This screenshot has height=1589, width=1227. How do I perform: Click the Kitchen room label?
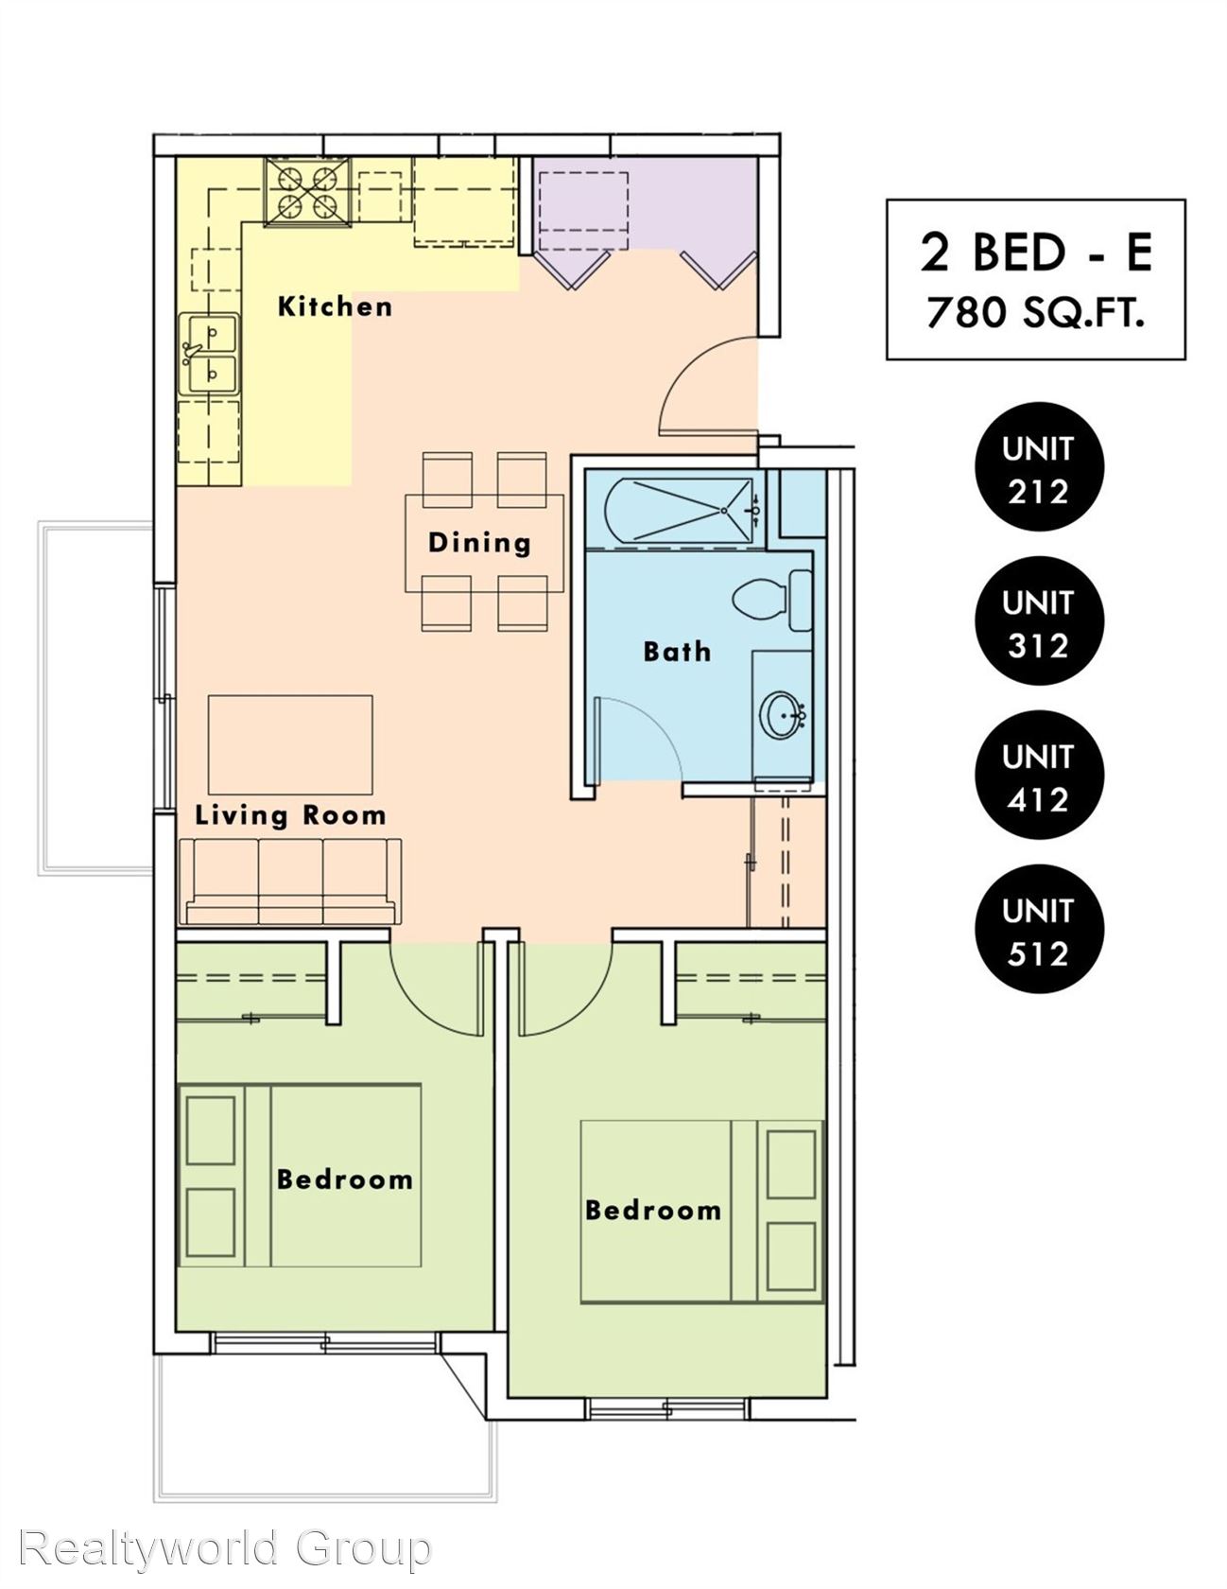[x=335, y=306]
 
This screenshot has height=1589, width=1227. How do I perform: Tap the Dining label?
[x=480, y=542]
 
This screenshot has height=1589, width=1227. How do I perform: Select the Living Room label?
[x=291, y=815]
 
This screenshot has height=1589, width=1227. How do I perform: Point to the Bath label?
[x=677, y=651]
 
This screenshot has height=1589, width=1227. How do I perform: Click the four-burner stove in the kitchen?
[x=307, y=192]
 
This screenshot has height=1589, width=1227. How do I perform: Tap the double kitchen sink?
[x=209, y=354]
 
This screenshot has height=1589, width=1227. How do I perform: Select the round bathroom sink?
[x=784, y=715]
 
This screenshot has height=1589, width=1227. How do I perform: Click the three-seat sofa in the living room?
[x=289, y=881]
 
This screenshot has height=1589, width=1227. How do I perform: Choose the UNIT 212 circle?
[x=1039, y=468]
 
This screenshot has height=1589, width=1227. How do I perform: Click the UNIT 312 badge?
[x=1039, y=622]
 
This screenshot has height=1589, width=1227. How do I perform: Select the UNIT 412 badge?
[x=1039, y=777]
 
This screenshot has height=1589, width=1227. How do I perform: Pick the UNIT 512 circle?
[x=1039, y=931]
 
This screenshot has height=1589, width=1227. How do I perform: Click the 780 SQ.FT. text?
[x=1036, y=313]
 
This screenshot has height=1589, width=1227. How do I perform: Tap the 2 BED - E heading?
[x=1036, y=252]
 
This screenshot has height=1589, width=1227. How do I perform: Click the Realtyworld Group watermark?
[x=225, y=1549]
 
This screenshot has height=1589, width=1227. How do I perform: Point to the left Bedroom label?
[x=345, y=1179]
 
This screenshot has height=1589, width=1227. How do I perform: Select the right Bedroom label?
[x=653, y=1210]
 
